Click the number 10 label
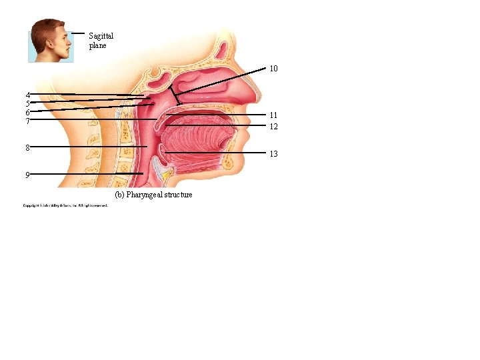click(x=273, y=69)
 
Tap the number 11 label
click(x=273, y=115)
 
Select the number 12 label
click(x=273, y=126)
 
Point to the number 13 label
click(x=273, y=154)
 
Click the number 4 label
click(x=28, y=95)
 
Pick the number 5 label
click(x=28, y=103)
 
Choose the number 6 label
click(x=28, y=112)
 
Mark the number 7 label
click(x=28, y=121)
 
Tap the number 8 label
click(x=28, y=147)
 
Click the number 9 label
click(x=27, y=175)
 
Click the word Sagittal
click(x=101, y=36)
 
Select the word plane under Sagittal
click(x=97, y=45)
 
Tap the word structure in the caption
click(x=177, y=195)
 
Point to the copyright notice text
click(x=65, y=205)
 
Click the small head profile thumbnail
click(x=51, y=41)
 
